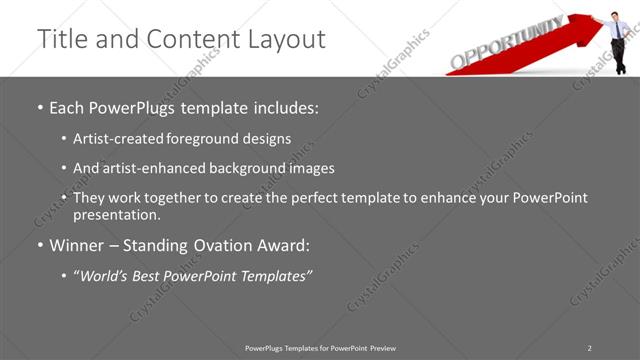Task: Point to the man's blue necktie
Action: (618, 29)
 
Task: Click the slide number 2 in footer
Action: (589, 347)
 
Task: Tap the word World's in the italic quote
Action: (106, 275)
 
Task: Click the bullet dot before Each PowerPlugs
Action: (39, 107)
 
